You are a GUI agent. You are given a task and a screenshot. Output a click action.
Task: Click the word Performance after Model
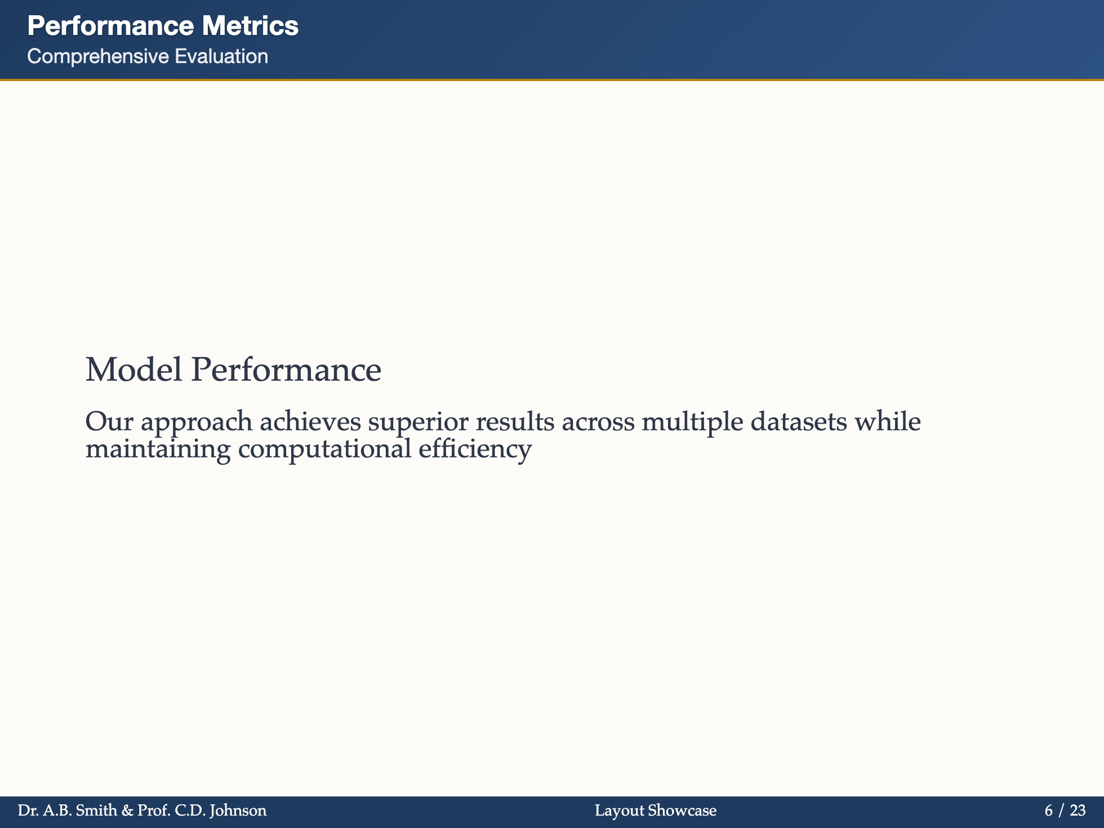[286, 370]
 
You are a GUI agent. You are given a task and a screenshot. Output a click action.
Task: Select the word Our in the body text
[105, 421]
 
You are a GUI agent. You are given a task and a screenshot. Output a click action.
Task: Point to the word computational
[325, 449]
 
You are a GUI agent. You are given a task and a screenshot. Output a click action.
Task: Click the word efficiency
[475, 449]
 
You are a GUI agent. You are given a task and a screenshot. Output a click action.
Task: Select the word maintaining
[158, 449]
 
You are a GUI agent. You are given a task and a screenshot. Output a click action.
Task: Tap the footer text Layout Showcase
[656, 811]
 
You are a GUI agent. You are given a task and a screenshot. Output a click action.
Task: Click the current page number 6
[1048, 811]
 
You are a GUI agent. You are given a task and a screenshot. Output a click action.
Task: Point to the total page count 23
[1078, 811]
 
